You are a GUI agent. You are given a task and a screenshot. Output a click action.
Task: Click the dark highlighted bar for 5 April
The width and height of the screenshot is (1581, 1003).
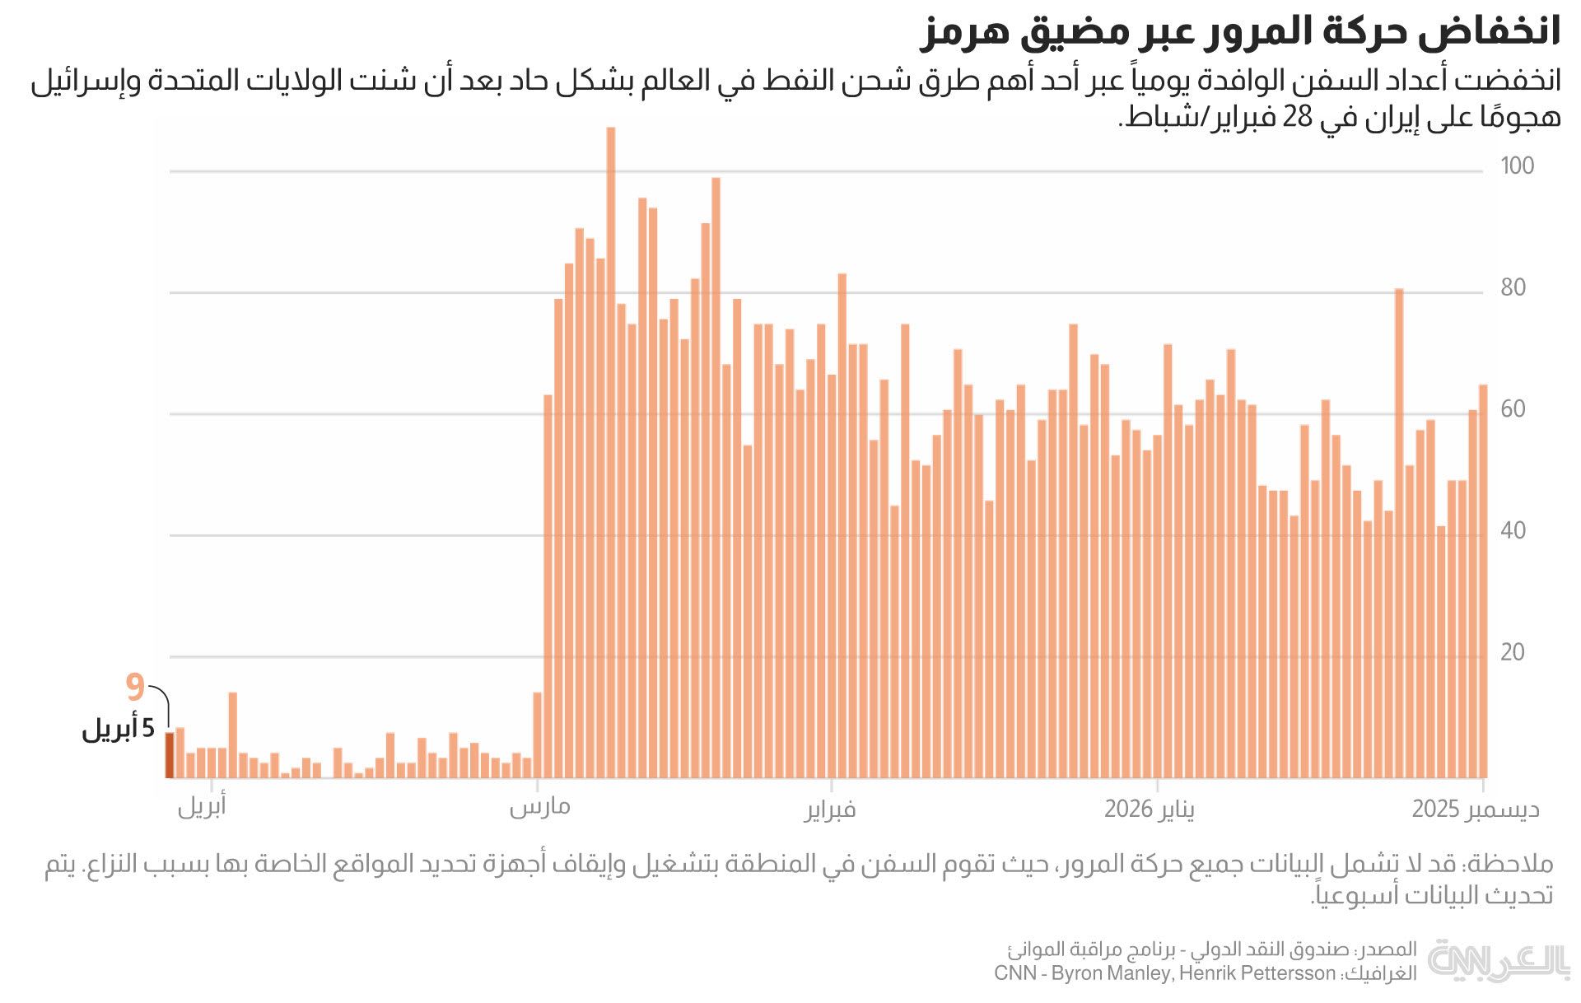(x=170, y=755)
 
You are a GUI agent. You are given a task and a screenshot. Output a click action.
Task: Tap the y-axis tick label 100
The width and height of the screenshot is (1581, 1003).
(x=1517, y=166)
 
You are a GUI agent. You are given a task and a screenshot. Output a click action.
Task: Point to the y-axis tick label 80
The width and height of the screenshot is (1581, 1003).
(x=1513, y=288)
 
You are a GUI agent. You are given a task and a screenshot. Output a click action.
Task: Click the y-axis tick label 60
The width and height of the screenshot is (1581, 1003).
(x=1513, y=409)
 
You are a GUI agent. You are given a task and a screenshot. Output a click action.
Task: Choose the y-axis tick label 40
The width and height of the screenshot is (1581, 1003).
(x=1513, y=531)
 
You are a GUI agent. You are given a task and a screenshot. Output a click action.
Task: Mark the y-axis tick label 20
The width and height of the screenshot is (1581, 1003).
(x=1513, y=652)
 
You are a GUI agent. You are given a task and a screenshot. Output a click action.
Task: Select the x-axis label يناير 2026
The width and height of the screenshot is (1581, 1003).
(x=1150, y=809)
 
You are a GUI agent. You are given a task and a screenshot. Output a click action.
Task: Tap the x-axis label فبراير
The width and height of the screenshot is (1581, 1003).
(x=830, y=810)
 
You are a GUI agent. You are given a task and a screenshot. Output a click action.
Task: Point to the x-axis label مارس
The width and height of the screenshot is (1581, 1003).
(x=539, y=807)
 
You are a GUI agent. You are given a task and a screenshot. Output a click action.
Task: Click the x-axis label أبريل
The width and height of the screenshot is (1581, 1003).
(x=202, y=807)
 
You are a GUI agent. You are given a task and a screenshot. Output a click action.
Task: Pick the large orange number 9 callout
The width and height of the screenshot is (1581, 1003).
(x=135, y=687)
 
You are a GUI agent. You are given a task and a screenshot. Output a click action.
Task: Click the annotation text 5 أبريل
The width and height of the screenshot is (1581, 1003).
(x=118, y=729)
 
